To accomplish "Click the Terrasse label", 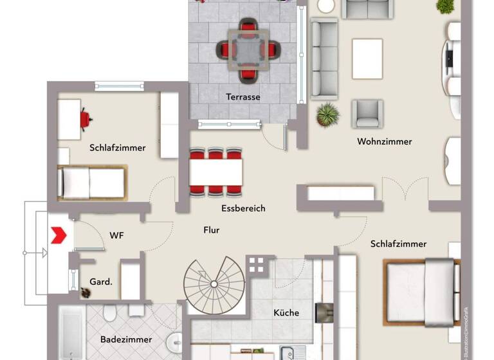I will [x=242, y=97].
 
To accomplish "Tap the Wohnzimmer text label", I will [x=385, y=141].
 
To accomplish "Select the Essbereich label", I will [x=242, y=208].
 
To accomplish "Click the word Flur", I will [x=212, y=229].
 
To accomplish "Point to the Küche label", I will [x=286, y=313].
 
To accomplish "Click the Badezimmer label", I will [x=126, y=339].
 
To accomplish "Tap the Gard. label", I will [x=101, y=282].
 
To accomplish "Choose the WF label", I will [x=116, y=236].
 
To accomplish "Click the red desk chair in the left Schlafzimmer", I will [x=84, y=119].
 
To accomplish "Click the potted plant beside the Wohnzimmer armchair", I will [x=328, y=115].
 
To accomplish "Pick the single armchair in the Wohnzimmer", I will [x=367, y=114].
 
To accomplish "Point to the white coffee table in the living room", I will [x=367, y=59].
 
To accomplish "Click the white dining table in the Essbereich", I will [x=216, y=172].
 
